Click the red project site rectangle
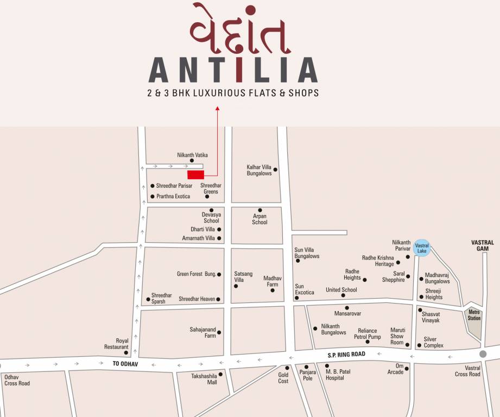point(195,174)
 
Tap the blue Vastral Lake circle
point(422,248)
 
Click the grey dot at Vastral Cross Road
point(483,353)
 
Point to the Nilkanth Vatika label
point(192,155)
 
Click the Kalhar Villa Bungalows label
point(259,170)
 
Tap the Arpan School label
point(260,219)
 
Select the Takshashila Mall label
point(204,378)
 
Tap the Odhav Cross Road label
point(17,380)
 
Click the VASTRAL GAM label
point(482,245)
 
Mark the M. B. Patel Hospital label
point(334,375)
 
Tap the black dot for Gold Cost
point(287,368)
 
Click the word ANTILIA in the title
point(233,70)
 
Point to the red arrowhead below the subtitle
point(217,109)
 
